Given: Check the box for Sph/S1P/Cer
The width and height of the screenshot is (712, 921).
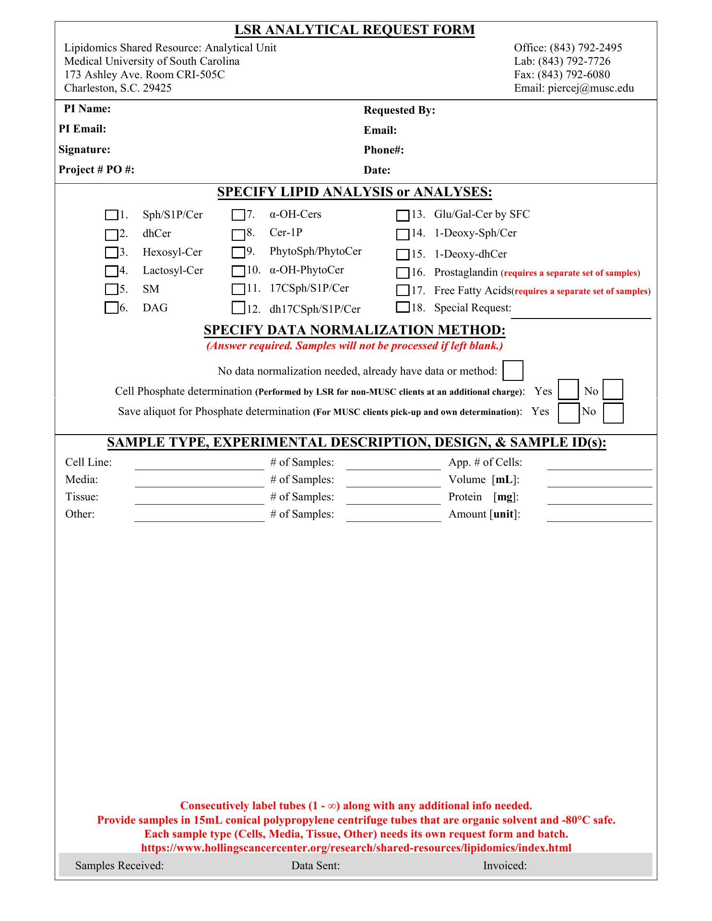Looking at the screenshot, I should (x=111, y=215).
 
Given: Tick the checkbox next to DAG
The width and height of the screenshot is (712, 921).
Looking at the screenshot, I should (x=111, y=308).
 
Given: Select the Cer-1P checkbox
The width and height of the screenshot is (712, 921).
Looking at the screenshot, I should (x=238, y=235).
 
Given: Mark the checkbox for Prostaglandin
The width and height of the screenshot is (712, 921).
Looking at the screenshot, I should (x=403, y=273).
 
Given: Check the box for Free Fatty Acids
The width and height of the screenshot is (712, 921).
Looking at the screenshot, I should (x=403, y=291).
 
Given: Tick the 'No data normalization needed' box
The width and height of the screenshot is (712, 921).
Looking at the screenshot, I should (x=512, y=371).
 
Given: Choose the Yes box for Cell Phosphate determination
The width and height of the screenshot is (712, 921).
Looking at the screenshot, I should (x=568, y=390).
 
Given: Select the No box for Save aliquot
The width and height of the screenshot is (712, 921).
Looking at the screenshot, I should (x=613, y=413).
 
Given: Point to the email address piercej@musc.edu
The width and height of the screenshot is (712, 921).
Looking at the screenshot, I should (x=591, y=88).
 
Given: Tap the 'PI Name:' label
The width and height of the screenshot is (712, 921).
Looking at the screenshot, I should (x=87, y=109).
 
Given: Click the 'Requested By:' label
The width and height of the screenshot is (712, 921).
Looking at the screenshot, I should (x=399, y=110).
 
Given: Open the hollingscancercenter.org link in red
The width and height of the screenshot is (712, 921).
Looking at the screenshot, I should (x=356, y=848).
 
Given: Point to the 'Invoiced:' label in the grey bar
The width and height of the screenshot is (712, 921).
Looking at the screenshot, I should (x=505, y=865).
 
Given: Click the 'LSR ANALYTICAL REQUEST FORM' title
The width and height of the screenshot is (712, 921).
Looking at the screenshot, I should (x=355, y=30).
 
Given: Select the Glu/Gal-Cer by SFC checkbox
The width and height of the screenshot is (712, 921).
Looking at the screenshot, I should (x=403, y=216).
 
